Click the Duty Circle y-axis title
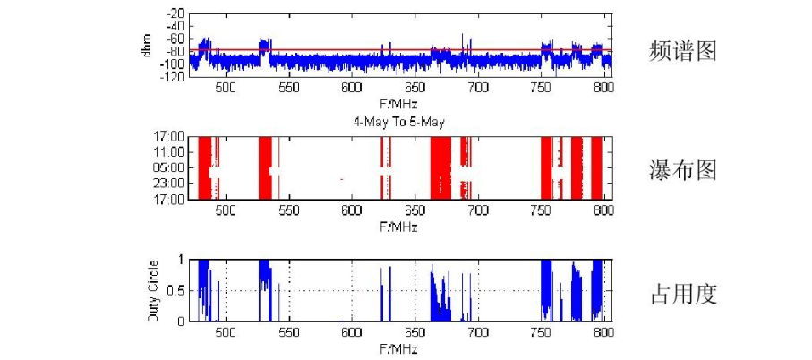coord(154,291)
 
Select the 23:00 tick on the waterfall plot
coord(171,184)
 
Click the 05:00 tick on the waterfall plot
coord(171,167)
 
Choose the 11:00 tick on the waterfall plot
coord(171,152)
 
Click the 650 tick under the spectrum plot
coord(415,89)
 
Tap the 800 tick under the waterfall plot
coord(603,210)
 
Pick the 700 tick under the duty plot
coord(477,332)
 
